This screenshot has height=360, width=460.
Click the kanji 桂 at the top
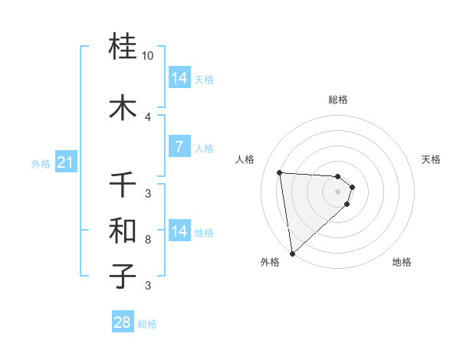(123, 47)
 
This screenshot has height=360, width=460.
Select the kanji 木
(123, 107)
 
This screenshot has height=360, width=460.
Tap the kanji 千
(123, 184)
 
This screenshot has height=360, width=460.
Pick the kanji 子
(123, 276)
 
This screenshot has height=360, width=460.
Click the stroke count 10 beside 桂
(148, 57)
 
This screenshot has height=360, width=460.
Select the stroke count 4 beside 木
(148, 116)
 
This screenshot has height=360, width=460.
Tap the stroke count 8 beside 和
(148, 240)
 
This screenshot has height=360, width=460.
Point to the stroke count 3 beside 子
(148, 286)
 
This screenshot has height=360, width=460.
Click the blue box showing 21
(65, 162)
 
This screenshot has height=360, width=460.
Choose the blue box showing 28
(123, 322)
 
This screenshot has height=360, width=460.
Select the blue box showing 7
(179, 147)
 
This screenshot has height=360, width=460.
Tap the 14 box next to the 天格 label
(179, 78)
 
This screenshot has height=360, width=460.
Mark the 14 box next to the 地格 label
(179, 231)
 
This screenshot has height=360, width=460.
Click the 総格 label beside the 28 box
(147, 324)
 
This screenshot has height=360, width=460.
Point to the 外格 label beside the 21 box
(41, 163)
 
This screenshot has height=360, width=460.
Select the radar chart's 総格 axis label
(338, 100)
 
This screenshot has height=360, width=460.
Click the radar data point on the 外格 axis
(292, 253)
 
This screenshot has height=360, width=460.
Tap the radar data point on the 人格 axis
(279, 172)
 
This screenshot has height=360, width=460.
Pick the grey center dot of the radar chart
(337, 191)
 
